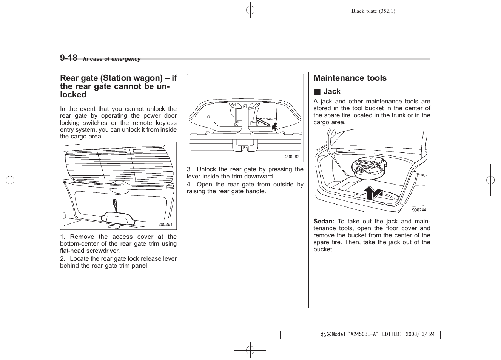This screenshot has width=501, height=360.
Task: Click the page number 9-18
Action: click(x=68, y=58)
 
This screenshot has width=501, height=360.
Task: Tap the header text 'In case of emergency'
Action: click(x=112, y=59)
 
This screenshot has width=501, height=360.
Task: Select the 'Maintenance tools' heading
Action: click(x=350, y=78)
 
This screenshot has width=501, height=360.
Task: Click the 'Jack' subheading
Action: click(x=332, y=91)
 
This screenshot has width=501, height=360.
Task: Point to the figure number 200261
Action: click(x=165, y=224)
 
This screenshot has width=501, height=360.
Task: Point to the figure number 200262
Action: click(x=292, y=157)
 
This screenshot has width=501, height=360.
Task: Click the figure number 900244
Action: click(x=419, y=210)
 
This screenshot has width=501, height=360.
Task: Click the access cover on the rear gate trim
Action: click(x=118, y=217)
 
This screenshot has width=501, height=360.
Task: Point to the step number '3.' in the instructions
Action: click(x=189, y=169)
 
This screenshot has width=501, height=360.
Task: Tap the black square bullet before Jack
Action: click(x=317, y=92)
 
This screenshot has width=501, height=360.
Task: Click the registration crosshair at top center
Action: click(x=250, y=10)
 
